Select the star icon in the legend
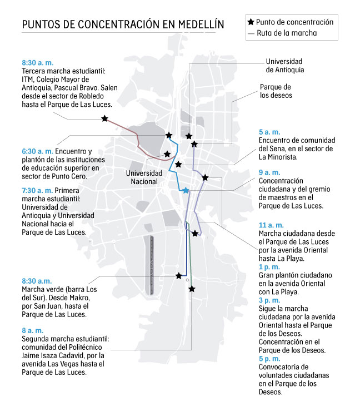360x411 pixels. [x=251, y=22]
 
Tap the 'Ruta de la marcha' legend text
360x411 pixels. [x=287, y=33]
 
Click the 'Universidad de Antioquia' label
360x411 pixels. [x=285, y=66]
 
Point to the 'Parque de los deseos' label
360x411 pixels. [x=276, y=91]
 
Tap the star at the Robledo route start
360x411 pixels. [x=105, y=118]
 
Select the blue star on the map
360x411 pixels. [x=186, y=191]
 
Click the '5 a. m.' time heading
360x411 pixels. [x=269, y=132]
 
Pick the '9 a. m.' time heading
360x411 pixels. [x=269, y=172]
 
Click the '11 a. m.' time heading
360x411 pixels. [x=271, y=225]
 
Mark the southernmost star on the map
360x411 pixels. [x=192, y=289]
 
